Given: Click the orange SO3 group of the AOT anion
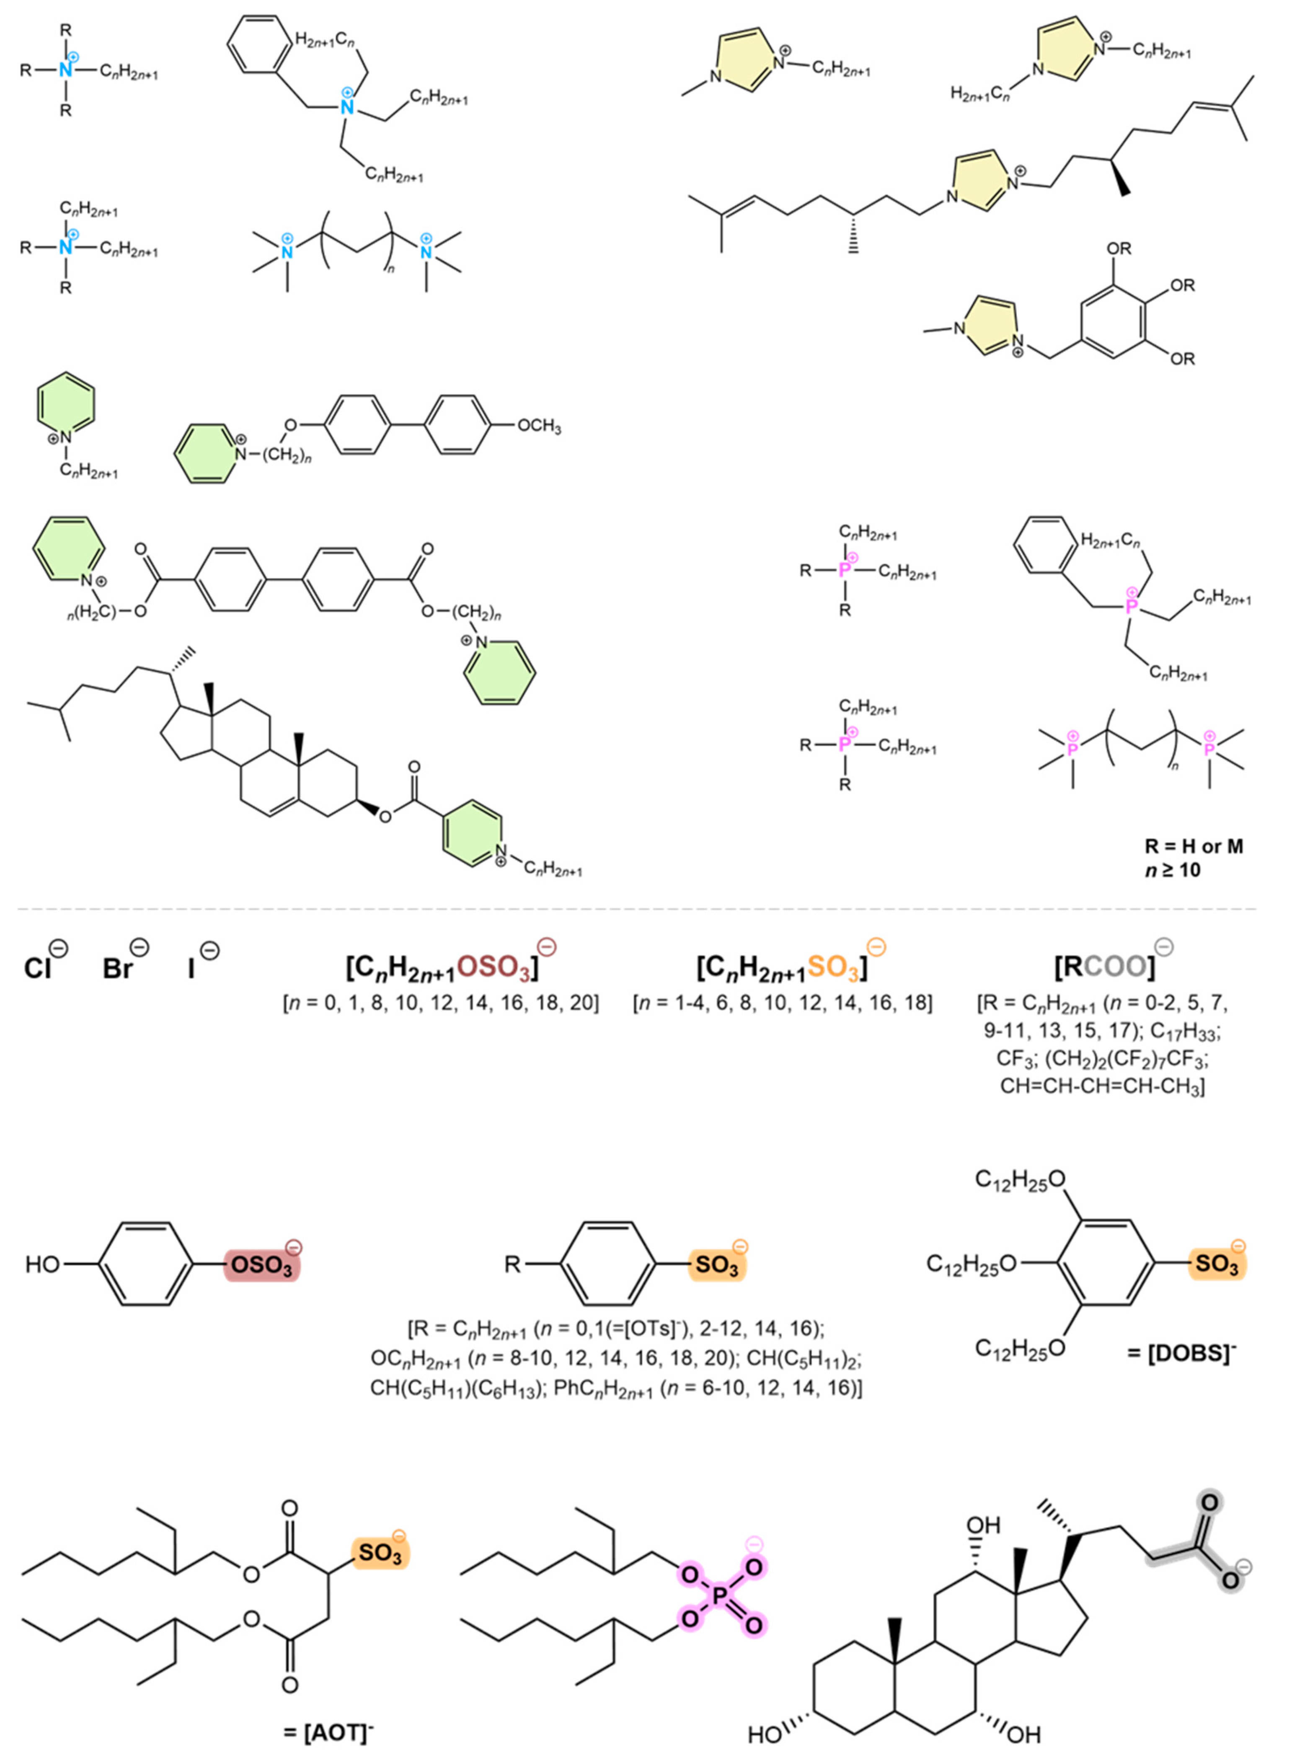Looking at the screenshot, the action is click(380, 1553).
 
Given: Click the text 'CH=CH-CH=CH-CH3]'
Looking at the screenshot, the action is click(1102, 1086).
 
